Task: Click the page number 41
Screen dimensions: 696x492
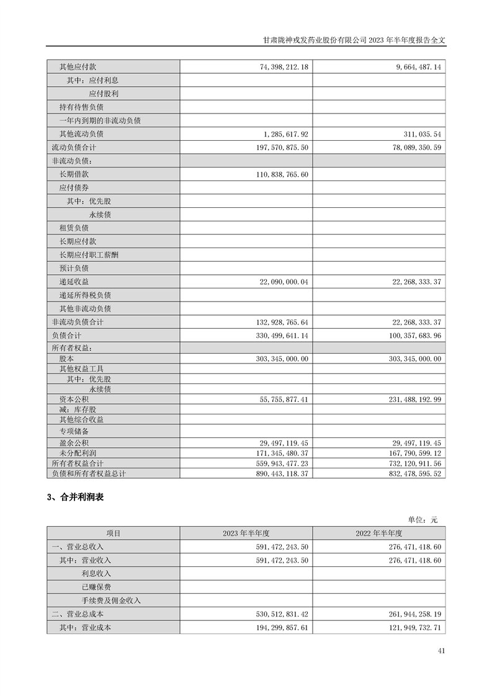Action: click(441, 651)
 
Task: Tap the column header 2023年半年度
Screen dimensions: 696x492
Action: click(246, 533)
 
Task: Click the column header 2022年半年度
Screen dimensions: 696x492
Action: click(379, 533)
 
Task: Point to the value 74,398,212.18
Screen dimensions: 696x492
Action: click(277, 66)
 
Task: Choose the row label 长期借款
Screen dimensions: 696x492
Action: click(74, 174)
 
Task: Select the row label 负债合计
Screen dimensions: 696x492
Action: click(66, 336)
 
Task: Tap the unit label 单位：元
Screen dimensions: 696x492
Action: click(423, 520)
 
